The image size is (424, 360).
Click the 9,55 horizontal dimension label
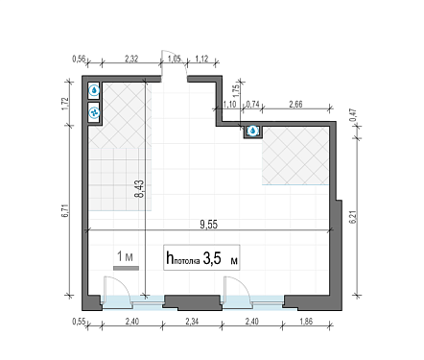pyautogui.click(x=208, y=225)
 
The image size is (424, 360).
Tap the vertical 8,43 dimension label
pyautogui.click(x=140, y=189)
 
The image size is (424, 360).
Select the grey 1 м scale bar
pyautogui.click(x=126, y=268)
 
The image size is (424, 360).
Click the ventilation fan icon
pyautogui.click(x=94, y=112)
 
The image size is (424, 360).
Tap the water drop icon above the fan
pyautogui.click(x=94, y=90)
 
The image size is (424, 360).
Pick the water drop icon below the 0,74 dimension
pyautogui.click(x=253, y=131)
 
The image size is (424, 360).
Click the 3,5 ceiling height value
pyautogui.click(x=212, y=258)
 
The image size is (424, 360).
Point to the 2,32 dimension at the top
pyautogui.click(x=131, y=59)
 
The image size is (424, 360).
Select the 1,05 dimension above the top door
pyautogui.click(x=175, y=59)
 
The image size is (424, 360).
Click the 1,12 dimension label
pyautogui.click(x=201, y=59)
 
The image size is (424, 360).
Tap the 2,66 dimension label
pyautogui.click(x=295, y=105)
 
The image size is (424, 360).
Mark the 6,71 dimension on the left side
pyautogui.click(x=65, y=211)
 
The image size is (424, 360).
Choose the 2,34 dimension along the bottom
pyautogui.click(x=192, y=321)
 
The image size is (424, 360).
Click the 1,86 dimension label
pyautogui.click(x=306, y=321)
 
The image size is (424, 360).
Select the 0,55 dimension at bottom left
pyautogui.click(x=79, y=321)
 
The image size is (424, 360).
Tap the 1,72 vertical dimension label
pyautogui.click(x=65, y=104)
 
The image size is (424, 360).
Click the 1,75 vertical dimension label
pyautogui.click(x=237, y=90)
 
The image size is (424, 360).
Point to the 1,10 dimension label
pyautogui.click(x=229, y=105)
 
